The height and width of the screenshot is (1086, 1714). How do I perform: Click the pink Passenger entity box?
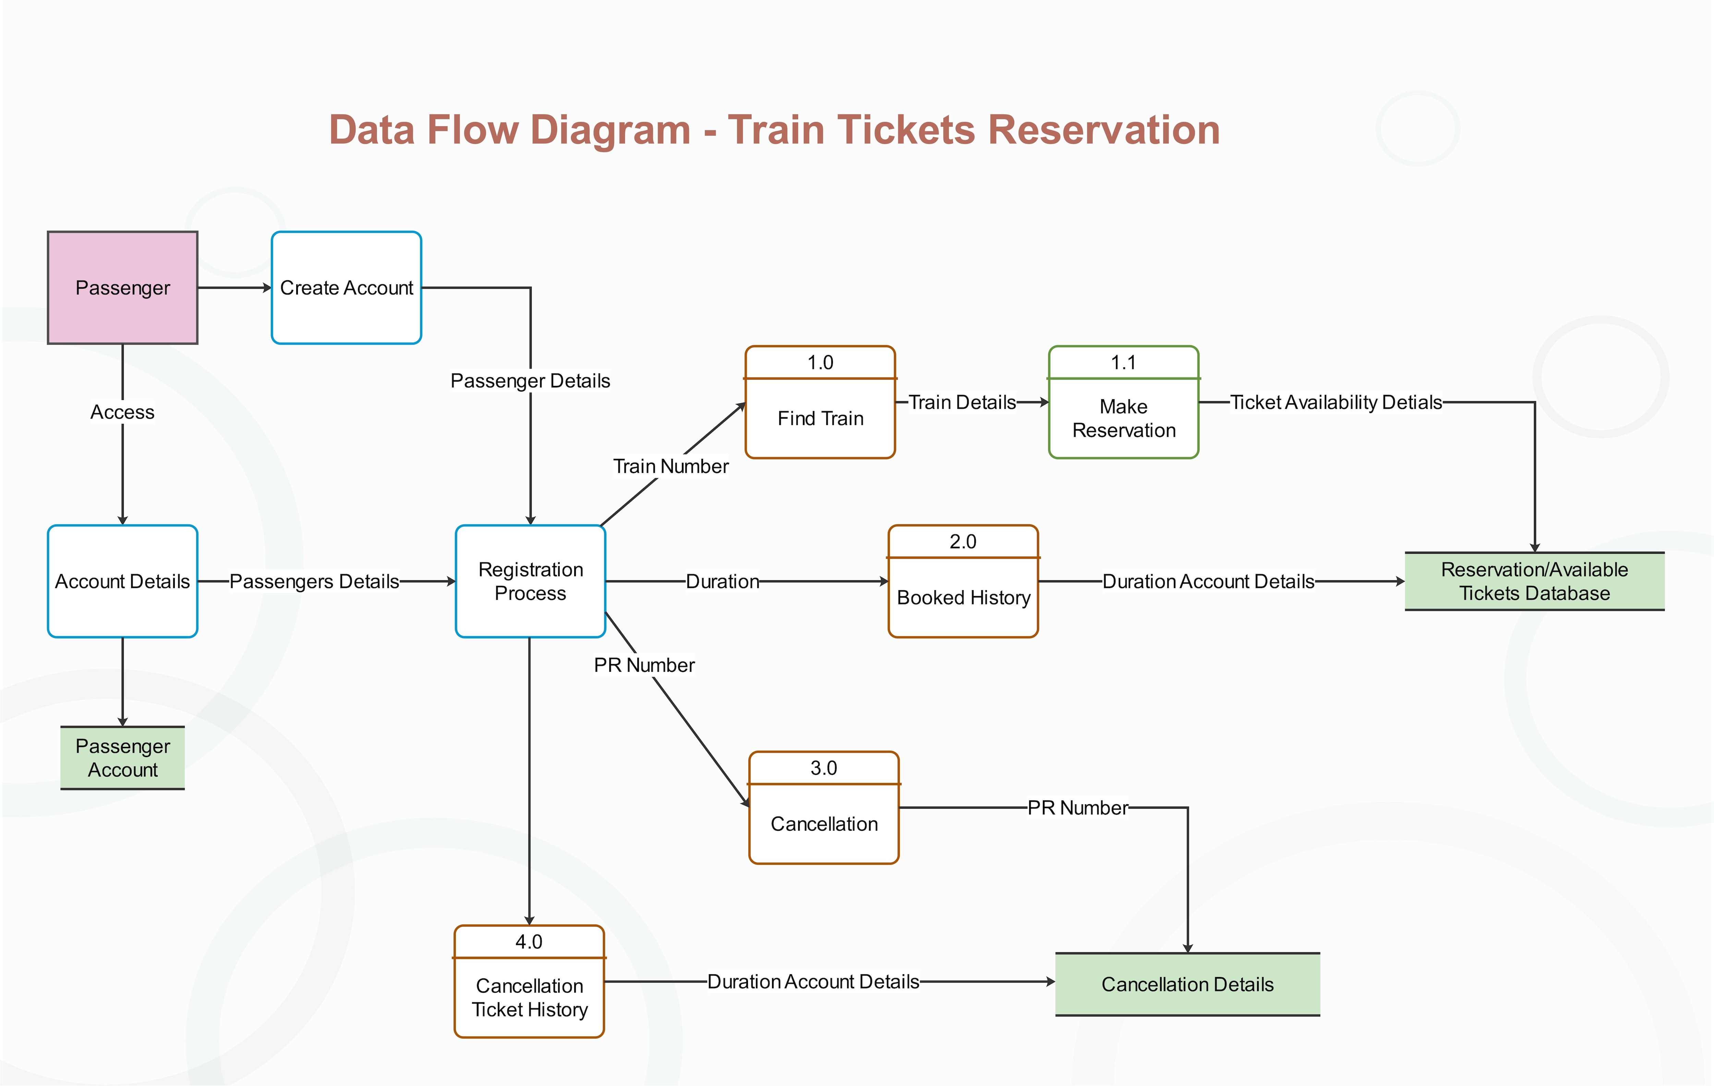[x=122, y=288]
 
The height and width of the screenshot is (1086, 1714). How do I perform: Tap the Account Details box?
[x=122, y=581]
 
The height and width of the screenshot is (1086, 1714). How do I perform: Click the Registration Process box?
[x=530, y=581]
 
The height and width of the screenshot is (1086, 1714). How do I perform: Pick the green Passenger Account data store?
[x=122, y=758]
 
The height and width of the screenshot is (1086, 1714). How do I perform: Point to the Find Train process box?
[x=820, y=418]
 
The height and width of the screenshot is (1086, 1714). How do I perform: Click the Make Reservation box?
[x=1123, y=418]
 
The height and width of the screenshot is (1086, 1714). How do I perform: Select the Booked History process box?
[x=963, y=597]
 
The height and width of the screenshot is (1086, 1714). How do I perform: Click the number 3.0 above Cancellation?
[x=823, y=768]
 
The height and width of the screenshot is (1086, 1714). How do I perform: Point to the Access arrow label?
[x=122, y=412]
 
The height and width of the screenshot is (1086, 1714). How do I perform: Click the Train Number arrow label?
[x=671, y=466]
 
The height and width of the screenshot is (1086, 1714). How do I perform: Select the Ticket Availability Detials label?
[x=1335, y=402]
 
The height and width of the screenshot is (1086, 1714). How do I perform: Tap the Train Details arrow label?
[x=962, y=402]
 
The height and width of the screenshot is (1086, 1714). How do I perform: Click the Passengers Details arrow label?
[x=314, y=581]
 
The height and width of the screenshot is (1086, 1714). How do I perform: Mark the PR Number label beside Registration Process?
[x=644, y=665]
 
